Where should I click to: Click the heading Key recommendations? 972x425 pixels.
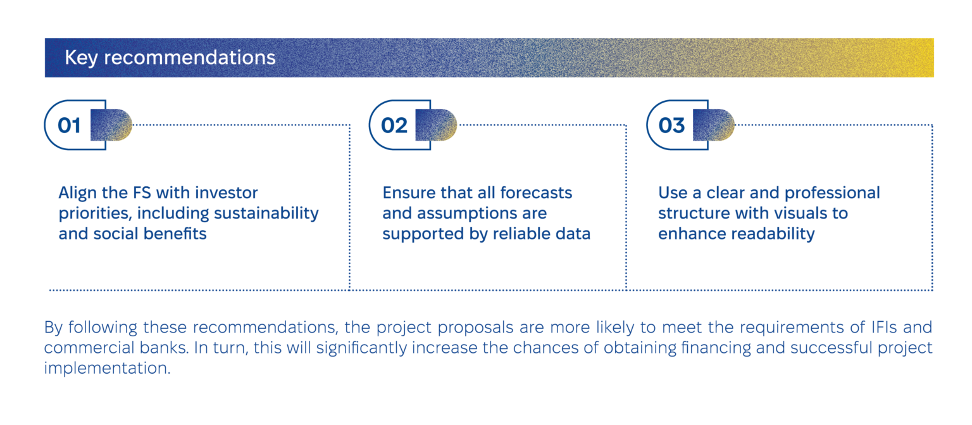[170, 58]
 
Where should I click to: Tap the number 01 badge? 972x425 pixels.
[70, 125]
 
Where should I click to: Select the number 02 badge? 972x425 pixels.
[394, 125]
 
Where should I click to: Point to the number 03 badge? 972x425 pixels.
[671, 125]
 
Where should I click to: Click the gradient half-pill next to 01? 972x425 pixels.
[111, 125]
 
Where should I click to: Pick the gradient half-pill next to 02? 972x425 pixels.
[436, 125]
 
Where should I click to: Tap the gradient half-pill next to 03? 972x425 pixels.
[713, 125]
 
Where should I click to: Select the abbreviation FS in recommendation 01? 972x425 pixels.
[142, 193]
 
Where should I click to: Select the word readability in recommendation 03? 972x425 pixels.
[773, 234]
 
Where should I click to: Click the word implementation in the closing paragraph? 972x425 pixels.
[107, 368]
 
